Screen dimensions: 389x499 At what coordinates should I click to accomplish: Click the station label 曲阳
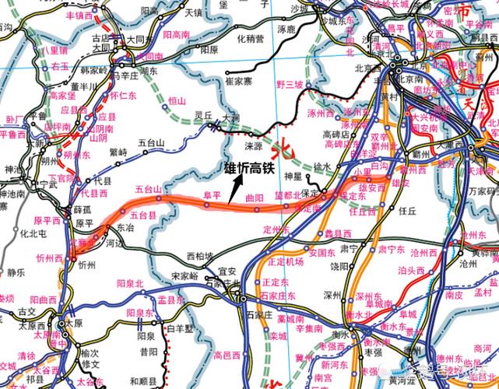(x=254, y=198)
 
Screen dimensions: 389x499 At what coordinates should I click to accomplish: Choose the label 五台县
(x=142, y=214)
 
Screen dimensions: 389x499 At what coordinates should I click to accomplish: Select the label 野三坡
(x=289, y=84)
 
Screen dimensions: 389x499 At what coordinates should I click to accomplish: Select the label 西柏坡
(x=200, y=256)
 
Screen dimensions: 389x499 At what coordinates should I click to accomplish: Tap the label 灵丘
(x=203, y=114)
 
